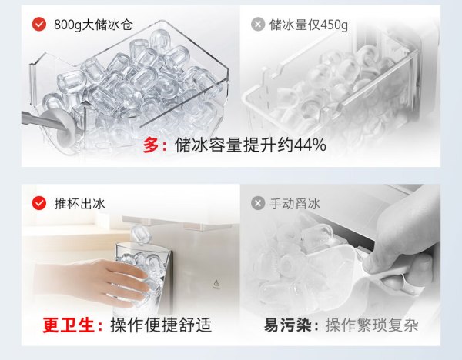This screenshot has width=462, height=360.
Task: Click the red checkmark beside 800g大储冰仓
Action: (x=39, y=24)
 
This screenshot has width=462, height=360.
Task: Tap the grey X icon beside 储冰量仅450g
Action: (x=258, y=24)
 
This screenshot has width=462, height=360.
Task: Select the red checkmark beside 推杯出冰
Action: (x=39, y=203)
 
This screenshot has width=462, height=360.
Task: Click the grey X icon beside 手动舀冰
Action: (x=258, y=203)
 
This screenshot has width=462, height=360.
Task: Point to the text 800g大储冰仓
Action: (x=93, y=25)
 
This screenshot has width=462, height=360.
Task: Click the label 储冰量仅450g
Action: (x=309, y=25)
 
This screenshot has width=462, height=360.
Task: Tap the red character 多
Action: (x=151, y=145)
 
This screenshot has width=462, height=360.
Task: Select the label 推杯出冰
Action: (x=79, y=203)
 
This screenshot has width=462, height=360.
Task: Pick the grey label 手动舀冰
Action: (x=295, y=203)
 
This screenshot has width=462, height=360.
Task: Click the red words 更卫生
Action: (x=69, y=325)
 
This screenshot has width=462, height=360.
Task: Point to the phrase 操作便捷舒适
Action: (x=161, y=325)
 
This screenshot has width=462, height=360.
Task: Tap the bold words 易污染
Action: (x=287, y=325)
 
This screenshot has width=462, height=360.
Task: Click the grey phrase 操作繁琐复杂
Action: (x=372, y=325)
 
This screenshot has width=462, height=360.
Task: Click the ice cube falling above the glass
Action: (x=141, y=234)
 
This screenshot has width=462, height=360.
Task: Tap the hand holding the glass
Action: (x=93, y=281)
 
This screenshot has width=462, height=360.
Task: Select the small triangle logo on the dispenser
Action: (x=216, y=284)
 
